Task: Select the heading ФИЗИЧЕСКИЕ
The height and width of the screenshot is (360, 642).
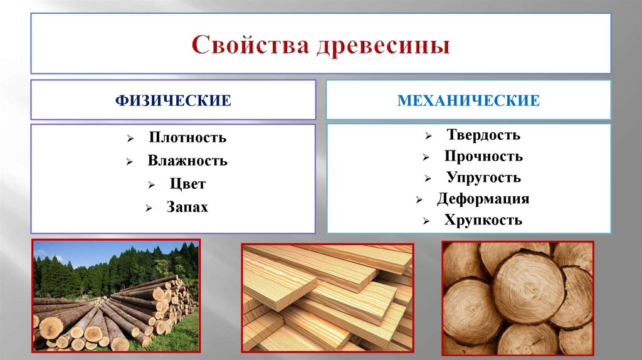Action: (172, 100)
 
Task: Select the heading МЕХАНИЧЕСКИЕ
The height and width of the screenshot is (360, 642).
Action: (468, 100)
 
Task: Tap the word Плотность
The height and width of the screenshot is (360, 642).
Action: (187, 138)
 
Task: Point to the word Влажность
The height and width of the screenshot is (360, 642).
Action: (187, 161)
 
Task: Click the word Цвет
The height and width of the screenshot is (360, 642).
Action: (187, 184)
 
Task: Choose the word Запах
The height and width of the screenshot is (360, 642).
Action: (187, 206)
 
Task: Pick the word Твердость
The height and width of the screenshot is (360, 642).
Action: (483, 135)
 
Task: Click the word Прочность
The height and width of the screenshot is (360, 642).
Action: (483, 156)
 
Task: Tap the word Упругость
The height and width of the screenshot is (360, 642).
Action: (483, 177)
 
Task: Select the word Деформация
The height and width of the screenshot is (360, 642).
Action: (483, 199)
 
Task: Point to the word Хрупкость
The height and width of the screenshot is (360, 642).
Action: (483, 221)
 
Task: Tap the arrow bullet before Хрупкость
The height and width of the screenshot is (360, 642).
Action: (426, 221)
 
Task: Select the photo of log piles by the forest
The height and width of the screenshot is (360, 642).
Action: (116, 295)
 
